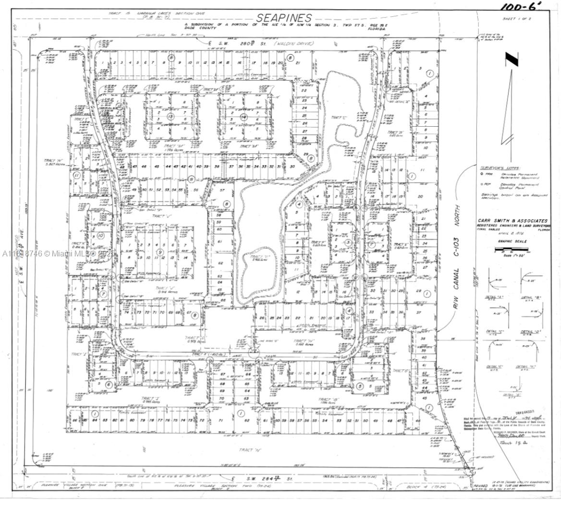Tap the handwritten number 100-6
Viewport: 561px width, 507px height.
[521, 6]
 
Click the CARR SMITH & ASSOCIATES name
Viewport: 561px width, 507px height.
[512, 220]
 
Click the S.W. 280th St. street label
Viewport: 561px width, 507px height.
[236, 44]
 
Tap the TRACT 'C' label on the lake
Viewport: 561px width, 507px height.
[335, 117]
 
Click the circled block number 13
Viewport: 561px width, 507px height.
[170, 116]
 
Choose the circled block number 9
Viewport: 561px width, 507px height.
[160, 252]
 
